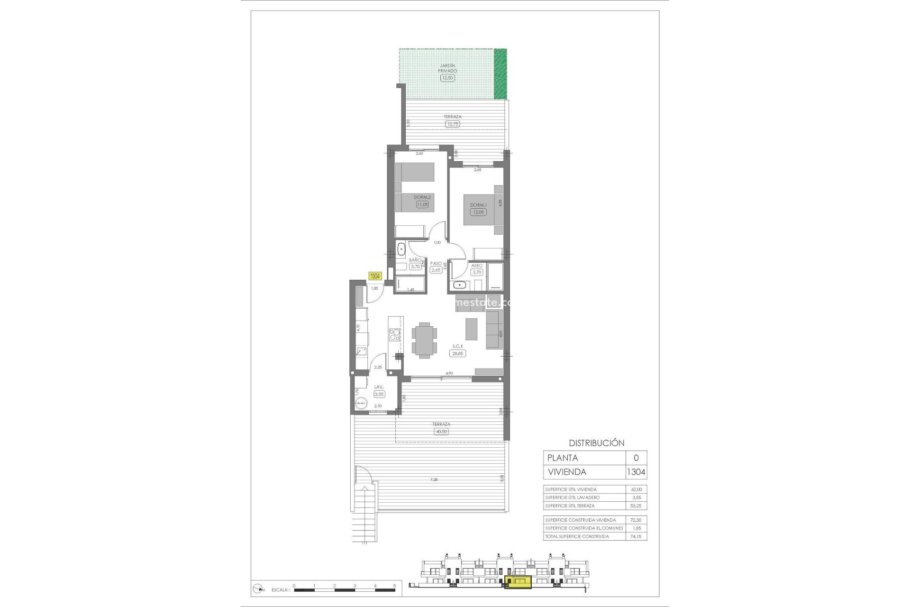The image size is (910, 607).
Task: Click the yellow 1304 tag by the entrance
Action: tap(375, 276)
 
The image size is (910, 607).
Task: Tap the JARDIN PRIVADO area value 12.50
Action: tap(447, 78)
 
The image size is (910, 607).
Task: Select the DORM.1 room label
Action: tap(478, 205)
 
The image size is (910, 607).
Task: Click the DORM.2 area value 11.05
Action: tap(422, 204)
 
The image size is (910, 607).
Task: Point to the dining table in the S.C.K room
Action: tap(424, 339)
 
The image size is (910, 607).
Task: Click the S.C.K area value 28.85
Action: tap(457, 353)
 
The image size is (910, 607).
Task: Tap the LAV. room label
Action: tap(379, 387)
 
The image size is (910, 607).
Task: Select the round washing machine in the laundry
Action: tap(361, 403)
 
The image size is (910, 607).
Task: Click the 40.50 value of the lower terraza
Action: tap(441, 432)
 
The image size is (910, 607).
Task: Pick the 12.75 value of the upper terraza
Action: tap(452, 124)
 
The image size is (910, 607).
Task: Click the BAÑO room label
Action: tap(415, 260)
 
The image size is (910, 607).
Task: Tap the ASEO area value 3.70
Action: tap(476, 272)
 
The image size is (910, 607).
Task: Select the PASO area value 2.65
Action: tap(436, 270)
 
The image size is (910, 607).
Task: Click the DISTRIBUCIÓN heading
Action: tap(596, 443)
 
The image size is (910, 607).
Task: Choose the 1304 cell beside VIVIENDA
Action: tap(636, 472)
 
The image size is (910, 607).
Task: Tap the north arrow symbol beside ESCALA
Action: tap(259, 589)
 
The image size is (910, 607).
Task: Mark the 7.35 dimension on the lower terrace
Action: tap(434, 479)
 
